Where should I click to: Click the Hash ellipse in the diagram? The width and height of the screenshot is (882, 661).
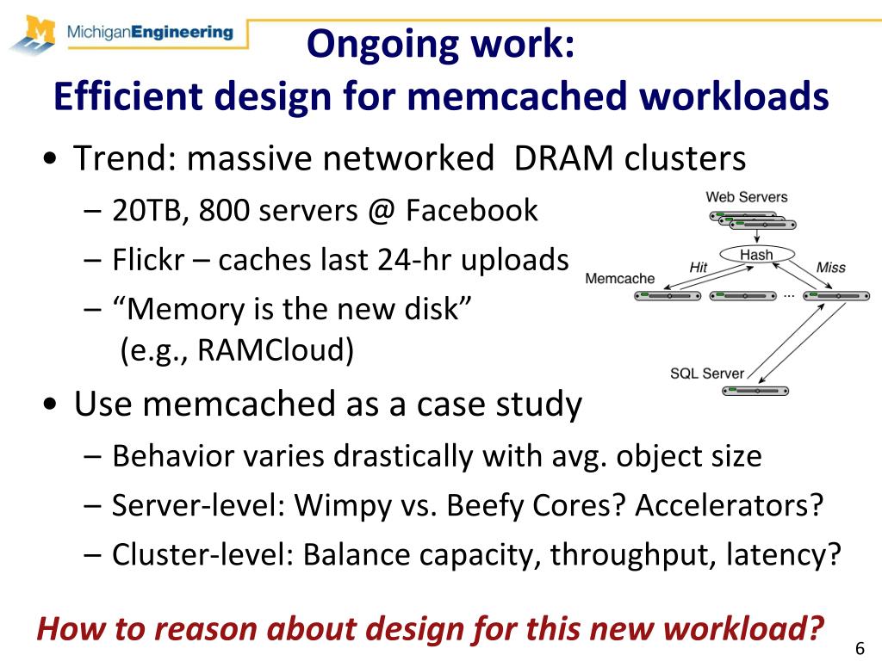756,255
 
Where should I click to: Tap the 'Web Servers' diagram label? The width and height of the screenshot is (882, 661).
746,197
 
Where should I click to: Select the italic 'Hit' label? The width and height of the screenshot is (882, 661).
699,268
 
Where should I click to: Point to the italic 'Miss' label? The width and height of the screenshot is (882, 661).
830,268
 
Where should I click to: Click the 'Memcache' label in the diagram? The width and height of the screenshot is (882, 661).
620,279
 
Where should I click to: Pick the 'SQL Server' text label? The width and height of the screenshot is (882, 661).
706,374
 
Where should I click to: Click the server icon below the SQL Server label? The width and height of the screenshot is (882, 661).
755,391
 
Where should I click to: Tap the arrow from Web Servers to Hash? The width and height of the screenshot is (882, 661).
756,238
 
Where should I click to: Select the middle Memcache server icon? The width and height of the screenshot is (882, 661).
742,295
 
